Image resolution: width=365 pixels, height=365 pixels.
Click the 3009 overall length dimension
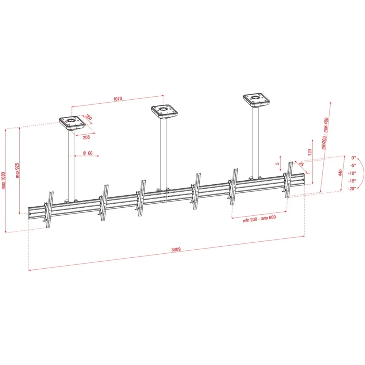[176, 249]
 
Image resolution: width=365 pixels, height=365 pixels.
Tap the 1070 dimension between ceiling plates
[118, 99]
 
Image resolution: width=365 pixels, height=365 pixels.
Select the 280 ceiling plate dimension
[88, 117]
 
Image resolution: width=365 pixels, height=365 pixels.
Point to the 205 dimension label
[87, 137]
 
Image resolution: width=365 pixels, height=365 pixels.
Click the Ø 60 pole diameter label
[88, 153]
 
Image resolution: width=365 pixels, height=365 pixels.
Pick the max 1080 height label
[3, 181]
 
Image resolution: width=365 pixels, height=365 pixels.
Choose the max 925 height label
[17, 170]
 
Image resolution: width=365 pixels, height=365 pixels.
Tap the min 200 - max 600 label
[259, 219]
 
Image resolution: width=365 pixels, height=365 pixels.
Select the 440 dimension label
[340, 173]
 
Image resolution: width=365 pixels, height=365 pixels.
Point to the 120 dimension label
[310, 152]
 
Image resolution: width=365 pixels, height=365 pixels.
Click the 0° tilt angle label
[354, 158]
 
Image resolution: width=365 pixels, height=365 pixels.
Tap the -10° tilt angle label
[352, 173]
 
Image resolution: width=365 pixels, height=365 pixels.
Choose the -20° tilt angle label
[352, 189]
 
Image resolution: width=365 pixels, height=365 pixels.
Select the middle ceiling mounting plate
[164, 111]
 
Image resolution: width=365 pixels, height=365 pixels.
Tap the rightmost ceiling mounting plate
[257, 100]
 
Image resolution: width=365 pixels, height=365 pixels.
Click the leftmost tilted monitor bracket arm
[49, 209]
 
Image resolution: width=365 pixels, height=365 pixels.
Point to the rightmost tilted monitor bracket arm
[289, 180]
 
